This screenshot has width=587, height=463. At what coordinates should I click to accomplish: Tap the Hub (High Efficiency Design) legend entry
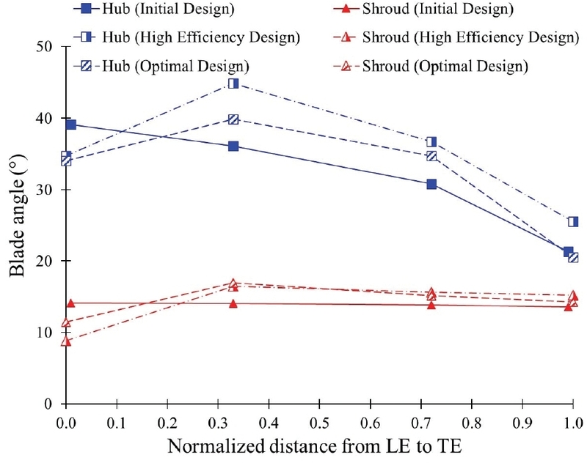tap(182, 37)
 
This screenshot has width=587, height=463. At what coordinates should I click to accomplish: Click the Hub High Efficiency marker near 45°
tap(233, 84)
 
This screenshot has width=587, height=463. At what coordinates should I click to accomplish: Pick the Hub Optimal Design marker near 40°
tap(233, 119)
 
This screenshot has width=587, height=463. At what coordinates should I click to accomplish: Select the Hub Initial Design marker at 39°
tap(71, 125)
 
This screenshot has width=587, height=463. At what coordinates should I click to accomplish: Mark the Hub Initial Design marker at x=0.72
tap(431, 184)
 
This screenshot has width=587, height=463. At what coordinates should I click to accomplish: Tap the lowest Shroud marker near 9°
tap(67, 341)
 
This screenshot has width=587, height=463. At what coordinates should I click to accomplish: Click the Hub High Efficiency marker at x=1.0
tap(573, 221)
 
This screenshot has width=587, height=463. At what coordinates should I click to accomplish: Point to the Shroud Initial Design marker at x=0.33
tap(233, 303)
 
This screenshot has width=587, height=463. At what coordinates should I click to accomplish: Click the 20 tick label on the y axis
tap(47, 261)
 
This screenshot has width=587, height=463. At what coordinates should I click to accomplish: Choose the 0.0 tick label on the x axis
tap(65, 423)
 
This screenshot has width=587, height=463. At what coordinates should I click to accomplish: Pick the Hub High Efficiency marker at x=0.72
tap(431, 142)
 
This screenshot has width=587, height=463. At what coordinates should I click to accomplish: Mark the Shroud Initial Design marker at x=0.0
tap(71, 303)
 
